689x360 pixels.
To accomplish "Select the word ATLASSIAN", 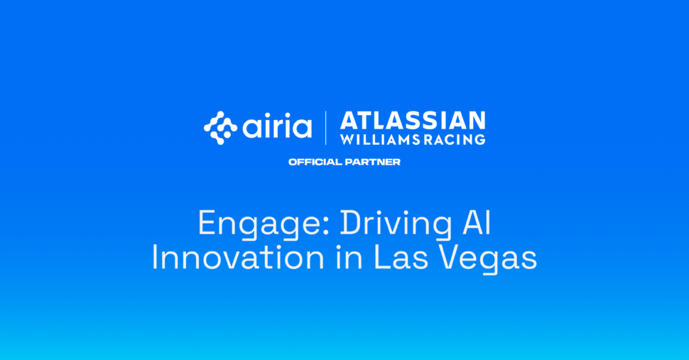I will click(413, 120).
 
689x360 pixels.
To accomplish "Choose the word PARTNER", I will click(372, 162).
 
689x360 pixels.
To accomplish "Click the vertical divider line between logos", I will click(326, 128).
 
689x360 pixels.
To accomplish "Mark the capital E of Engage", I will click(206, 224).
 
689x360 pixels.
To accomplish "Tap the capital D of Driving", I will click(350, 224).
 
